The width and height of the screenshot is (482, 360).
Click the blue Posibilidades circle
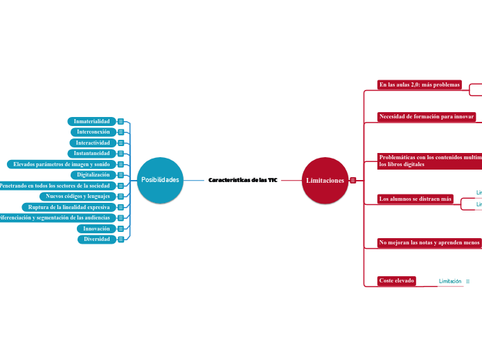pyautogui.click(x=160, y=180)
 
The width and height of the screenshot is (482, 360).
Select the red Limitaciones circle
pyautogui.click(x=325, y=180)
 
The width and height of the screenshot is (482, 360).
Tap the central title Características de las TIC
pyautogui.click(x=242, y=180)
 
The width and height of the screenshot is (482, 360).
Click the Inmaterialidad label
pyautogui.click(x=91, y=121)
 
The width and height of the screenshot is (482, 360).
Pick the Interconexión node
pyautogui.click(x=93, y=132)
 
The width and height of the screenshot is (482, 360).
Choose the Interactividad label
pyautogui.click(x=92, y=143)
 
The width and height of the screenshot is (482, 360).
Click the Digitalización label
pyautogui.click(x=93, y=174)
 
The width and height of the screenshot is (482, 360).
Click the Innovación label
pyautogui.click(x=96, y=228)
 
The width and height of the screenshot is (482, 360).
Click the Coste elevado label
pyautogui.click(x=397, y=280)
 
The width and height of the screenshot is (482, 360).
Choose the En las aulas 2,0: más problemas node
pyautogui.click(x=420, y=84)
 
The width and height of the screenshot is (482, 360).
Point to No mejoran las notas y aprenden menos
pyautogui.click(x=429, y=242)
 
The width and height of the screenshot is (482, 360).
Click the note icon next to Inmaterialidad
pyautogui.click(x=120, y=121)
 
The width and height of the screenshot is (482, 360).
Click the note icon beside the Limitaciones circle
pyautogui.click(x=353, y=180)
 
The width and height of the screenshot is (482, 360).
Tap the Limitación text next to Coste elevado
pyautogui.click(x=450, y=281)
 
